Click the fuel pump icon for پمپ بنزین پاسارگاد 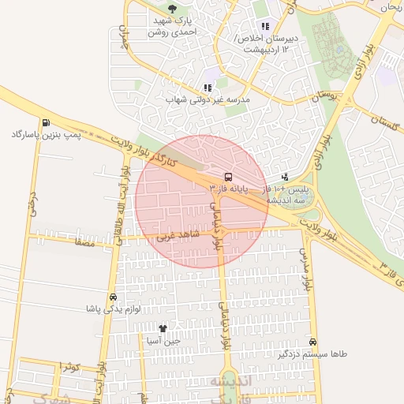click(x=47, y=122)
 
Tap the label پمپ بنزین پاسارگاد click(x=47, y=136)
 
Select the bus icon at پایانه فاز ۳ click(x=228, y=177)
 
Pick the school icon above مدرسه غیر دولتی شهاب click(x=208, y=88)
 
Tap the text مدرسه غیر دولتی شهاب click(x=207, y=100)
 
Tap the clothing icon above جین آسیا click(x=163, y=328)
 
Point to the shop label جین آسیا click(x=163, y=341)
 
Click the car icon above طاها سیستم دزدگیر click(x=314, y=342)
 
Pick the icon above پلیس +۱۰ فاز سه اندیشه click(x=284, y=177)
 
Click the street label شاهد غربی click(x=178, y=235)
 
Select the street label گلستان click(x=384, y=123)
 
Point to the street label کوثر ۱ click(x=69, y=368)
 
